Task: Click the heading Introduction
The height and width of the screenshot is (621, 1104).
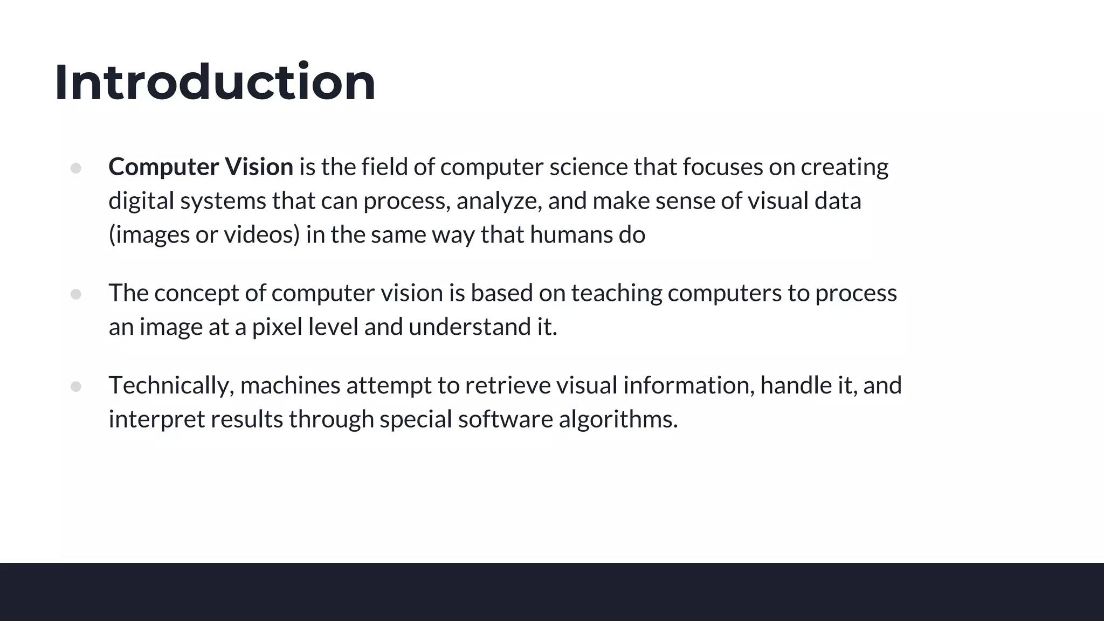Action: (x=215, y=82)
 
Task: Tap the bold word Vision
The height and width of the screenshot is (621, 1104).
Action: (x=259, y=167)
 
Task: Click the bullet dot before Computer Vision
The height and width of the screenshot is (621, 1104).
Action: (x=76, y=168)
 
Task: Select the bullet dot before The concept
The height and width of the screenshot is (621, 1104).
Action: (x=76, y=294)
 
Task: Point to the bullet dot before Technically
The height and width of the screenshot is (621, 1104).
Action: (x=76, y=387)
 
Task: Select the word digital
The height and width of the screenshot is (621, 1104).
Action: (x=141, y=201)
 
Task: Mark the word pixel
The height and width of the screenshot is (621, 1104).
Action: (x=277, y=327)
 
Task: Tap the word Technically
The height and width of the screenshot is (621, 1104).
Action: (x=171, y=385)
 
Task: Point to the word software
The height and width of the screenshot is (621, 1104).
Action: (x=505, y=419)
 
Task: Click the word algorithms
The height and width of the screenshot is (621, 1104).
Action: (x=618, y=419)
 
